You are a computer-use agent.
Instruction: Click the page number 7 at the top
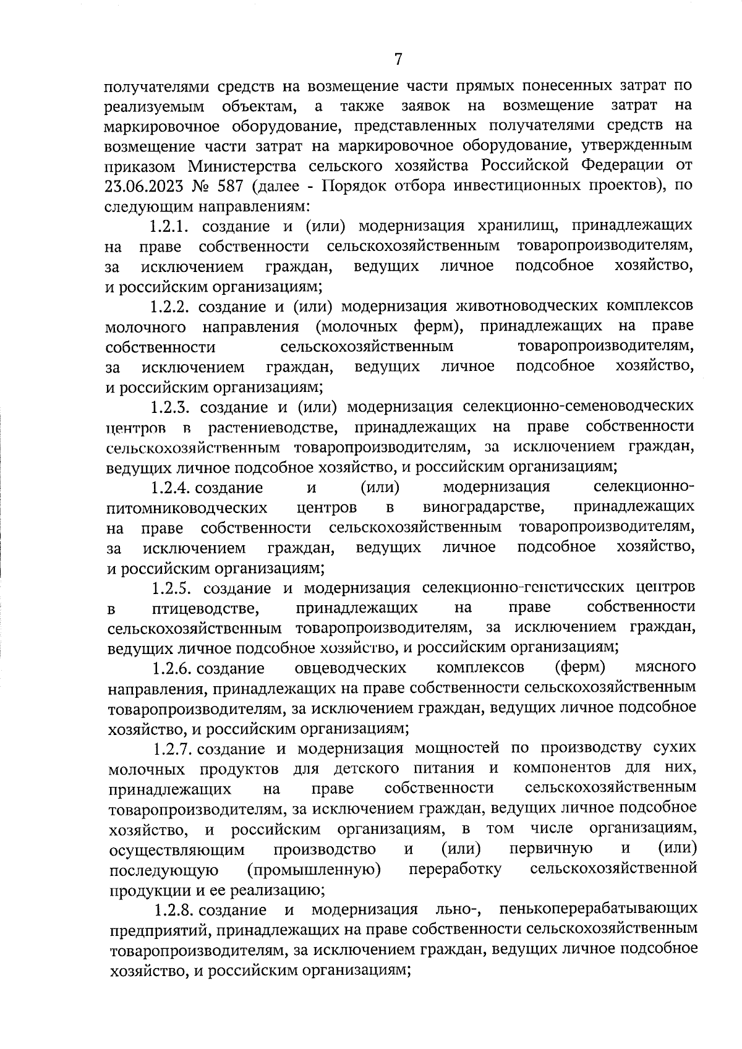[398, 59]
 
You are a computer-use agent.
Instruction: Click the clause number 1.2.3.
[173, 407]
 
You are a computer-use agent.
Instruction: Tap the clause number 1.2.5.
[175, 587]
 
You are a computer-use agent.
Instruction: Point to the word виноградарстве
[484, 508]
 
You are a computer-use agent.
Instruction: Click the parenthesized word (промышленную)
[313, 870]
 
